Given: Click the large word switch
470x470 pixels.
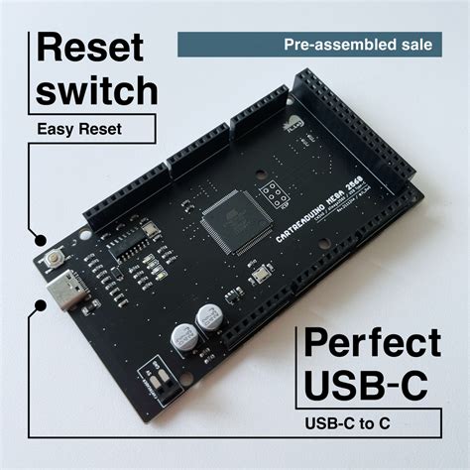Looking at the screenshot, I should (98, 90).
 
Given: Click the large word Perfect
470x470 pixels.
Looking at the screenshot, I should (374, 344).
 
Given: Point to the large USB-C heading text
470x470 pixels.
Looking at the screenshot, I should (367, 386).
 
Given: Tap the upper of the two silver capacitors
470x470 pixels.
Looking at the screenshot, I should (208, 317).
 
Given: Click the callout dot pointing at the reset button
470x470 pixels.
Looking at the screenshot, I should (38, 238).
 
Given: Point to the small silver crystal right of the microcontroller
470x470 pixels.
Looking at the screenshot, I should (259, 277).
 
